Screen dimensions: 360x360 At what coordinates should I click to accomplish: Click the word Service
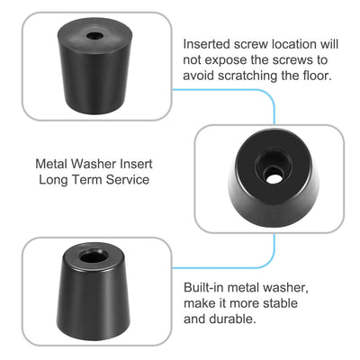coord(127,180)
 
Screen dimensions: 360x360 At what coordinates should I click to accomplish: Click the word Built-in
coord(205,286)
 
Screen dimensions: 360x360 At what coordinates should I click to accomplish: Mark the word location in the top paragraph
coord(294,43)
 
